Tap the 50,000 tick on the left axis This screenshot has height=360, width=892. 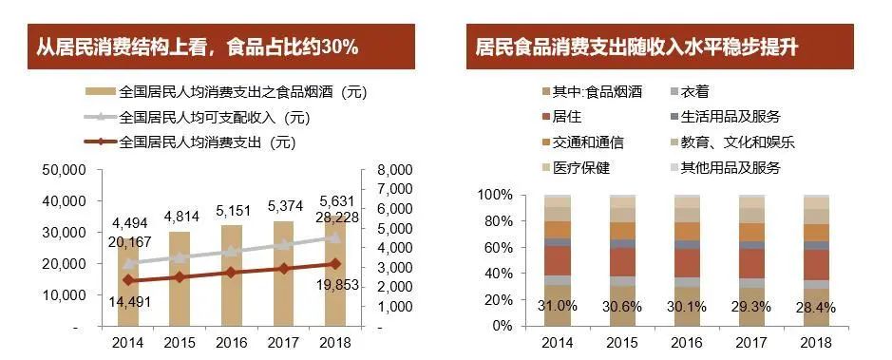66,170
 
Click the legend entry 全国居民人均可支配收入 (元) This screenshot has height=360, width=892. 215,118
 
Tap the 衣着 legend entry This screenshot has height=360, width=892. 695,92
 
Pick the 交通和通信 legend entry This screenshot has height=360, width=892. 587,142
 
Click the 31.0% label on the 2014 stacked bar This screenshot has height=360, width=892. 558,307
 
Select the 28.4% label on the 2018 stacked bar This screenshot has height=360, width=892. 816,307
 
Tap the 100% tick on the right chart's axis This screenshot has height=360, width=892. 494,195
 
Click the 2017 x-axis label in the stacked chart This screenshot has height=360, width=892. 750,342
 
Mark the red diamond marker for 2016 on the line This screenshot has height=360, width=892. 231,273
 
